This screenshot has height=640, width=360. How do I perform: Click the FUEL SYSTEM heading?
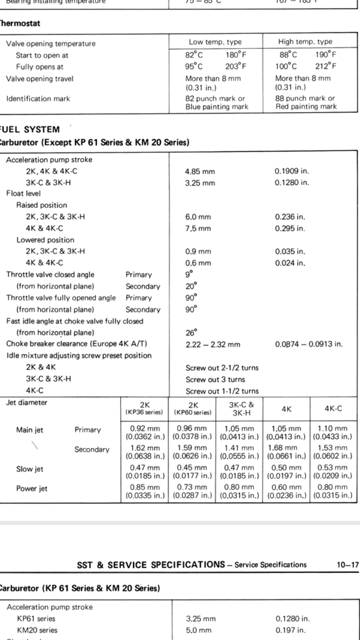pos(31,129)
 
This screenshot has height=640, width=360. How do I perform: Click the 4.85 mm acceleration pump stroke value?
pos(200,171)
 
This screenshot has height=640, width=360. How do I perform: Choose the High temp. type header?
pos(305,41)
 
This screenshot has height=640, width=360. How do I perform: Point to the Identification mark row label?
pos(38,98)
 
